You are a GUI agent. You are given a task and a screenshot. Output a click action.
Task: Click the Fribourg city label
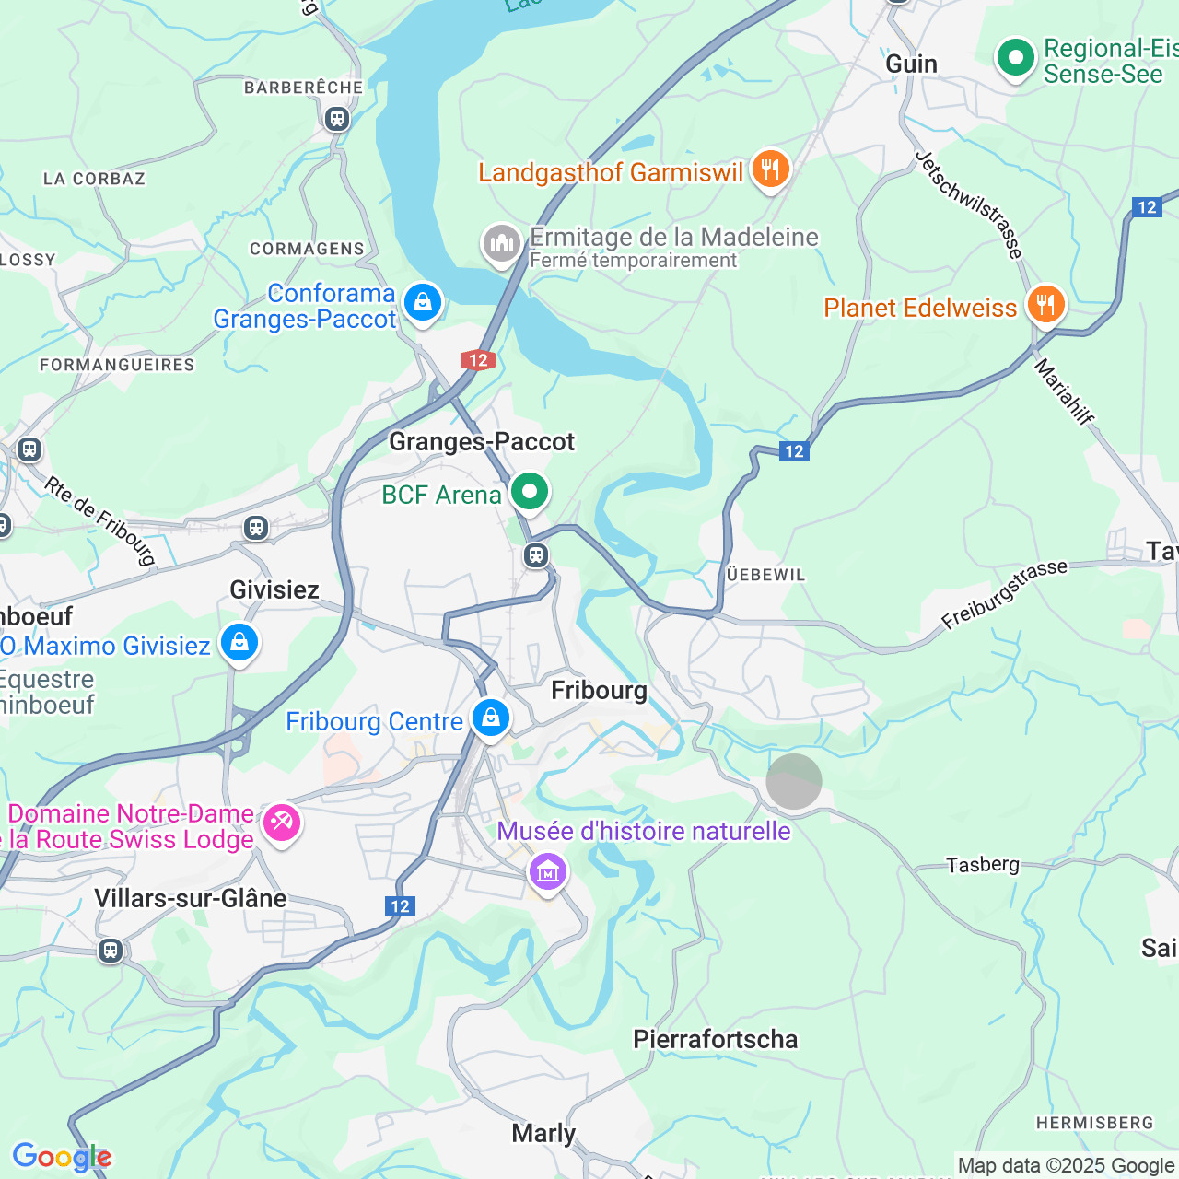[x=599, y=690]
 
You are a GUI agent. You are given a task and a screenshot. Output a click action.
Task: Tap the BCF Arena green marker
[x=530, y=492]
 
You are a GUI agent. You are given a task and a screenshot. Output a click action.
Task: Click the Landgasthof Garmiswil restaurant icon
[x=770, y=169]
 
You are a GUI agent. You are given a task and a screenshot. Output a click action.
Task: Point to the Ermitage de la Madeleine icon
[x=502, y=244]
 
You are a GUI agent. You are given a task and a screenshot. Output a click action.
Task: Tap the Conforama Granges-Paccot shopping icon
[x=423, y=302]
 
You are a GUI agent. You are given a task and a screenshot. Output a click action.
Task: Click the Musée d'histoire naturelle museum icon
[x=548, y=870]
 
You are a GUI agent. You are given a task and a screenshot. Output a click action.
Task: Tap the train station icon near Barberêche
[x=337, y=119]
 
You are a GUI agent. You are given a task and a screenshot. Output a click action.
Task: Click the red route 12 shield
[x=478, y=360]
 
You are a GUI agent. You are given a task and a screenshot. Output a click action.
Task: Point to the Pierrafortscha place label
[x=715, y=1039]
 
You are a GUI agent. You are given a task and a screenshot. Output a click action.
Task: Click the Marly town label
[x=543, y=1133]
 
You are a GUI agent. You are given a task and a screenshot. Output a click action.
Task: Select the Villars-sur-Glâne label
[x=191, y=898]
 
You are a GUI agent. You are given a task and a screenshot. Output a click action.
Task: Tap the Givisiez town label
[x=274, y=589]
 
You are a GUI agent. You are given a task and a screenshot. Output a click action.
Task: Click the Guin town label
[x=911, y=64]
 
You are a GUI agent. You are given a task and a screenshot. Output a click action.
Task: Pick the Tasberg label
[x=983, y=864]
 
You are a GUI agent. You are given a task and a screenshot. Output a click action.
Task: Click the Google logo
[x=62, y=1157]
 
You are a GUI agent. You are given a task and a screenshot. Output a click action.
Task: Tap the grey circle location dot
[x=794, y=781]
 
